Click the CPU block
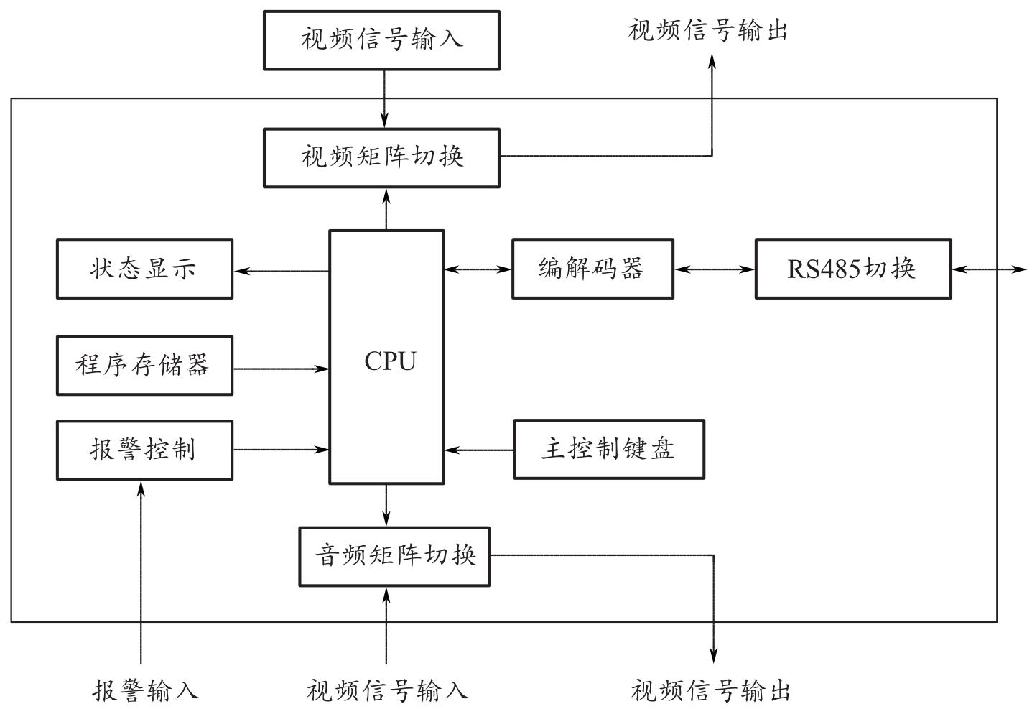click(x=386, y=357)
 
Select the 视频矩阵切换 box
click(x=381, y=158)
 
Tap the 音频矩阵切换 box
click(x=394, y=557)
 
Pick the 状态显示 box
click(x=144, y=269)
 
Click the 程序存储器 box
click(x=144, y=366)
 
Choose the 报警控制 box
click(x=144, y=450)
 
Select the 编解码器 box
click(x=592, y=269)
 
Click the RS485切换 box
click(x=853, y=269)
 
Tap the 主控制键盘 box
click(x=609, y=450)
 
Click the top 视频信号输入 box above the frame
click(x=381, y=40)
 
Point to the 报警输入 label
click(x=146, y=690)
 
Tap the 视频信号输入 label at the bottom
click(x=388, y=690)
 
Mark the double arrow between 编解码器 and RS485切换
click(x=715, y=269)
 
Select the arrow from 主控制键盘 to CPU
click(x=479, y=450)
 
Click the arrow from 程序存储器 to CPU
click(x=281, y=369)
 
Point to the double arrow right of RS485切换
click(x=990, y=269)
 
